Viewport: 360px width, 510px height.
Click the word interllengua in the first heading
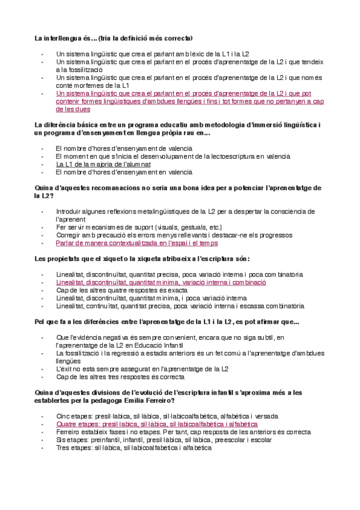63,38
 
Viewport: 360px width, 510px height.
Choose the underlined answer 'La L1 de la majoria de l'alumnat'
103,164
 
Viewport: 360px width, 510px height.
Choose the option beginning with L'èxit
142,369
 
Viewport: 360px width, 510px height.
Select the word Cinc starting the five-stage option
64,416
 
